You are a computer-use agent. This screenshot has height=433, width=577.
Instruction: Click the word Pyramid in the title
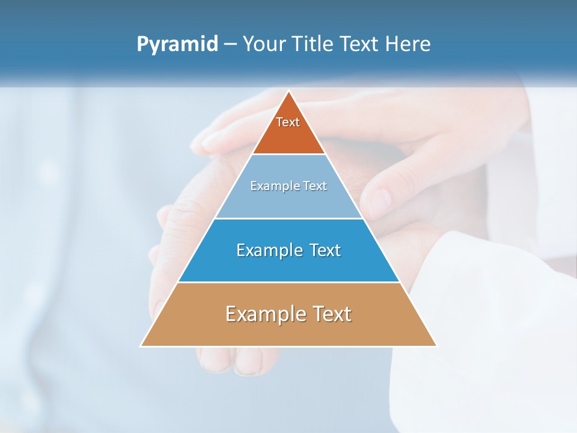177,45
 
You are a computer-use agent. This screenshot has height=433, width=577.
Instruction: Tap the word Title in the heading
314,45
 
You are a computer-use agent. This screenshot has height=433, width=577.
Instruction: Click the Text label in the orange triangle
288,122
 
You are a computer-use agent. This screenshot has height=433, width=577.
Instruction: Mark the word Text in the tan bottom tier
331,314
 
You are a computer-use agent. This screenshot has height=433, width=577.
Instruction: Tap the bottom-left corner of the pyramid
141,346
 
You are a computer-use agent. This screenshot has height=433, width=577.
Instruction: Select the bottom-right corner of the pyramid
436,346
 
